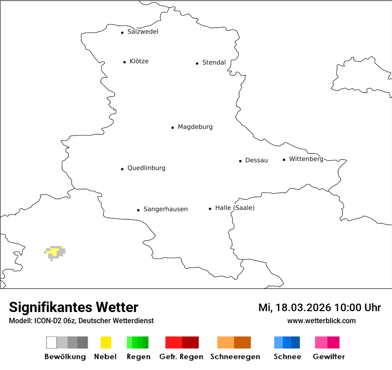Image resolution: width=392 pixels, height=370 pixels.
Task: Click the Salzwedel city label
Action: pyautogui.click(x=143, y=32)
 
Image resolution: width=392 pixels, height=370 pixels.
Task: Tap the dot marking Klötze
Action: pyautogui.click(x=124, y=62)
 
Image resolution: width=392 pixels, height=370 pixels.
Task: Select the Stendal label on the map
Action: pyautogui.click(x=214, y=63)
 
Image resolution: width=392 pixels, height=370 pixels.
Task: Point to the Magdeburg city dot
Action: pyautogui.click(x=172, y=127)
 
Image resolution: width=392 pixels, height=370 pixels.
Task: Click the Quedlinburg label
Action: pyautogui.click(x=146, y=168)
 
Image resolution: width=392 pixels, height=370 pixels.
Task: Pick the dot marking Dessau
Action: pyautogui.click(x=240, y=161)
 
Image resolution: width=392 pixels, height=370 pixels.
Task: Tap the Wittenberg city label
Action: pyautogui.click(x=306, y=159)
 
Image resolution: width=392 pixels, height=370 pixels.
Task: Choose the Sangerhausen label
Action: pyautogui.click(x=165, y=209)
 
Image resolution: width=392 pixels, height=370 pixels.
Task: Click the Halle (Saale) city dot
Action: pyautogui.click(x=210, y=209)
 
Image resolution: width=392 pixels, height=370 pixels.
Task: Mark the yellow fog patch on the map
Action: pyautogui.click(x=54, y=252)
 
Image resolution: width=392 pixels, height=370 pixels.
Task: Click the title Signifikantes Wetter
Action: pyautogui.click(x=73, y=308)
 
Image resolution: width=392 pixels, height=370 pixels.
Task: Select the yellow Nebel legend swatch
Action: pyautogui.click(x=106, y=342)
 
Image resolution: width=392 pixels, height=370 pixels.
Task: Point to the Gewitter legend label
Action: pyautogui.click(x=329, y=357)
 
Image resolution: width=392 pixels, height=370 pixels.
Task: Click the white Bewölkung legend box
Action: pyautogui.click(x=52, y=342)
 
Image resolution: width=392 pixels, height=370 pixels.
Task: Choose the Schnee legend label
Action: pyautogui.click(x=287, y=357)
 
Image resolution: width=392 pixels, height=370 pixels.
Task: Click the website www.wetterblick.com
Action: pyautogui.click(x=321, y=321)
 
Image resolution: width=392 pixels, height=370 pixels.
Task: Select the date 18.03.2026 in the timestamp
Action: pyautogui.click(x=303, y=308)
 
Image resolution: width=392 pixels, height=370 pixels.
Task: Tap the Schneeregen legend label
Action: pyautogui.click(x=234, y=357)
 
